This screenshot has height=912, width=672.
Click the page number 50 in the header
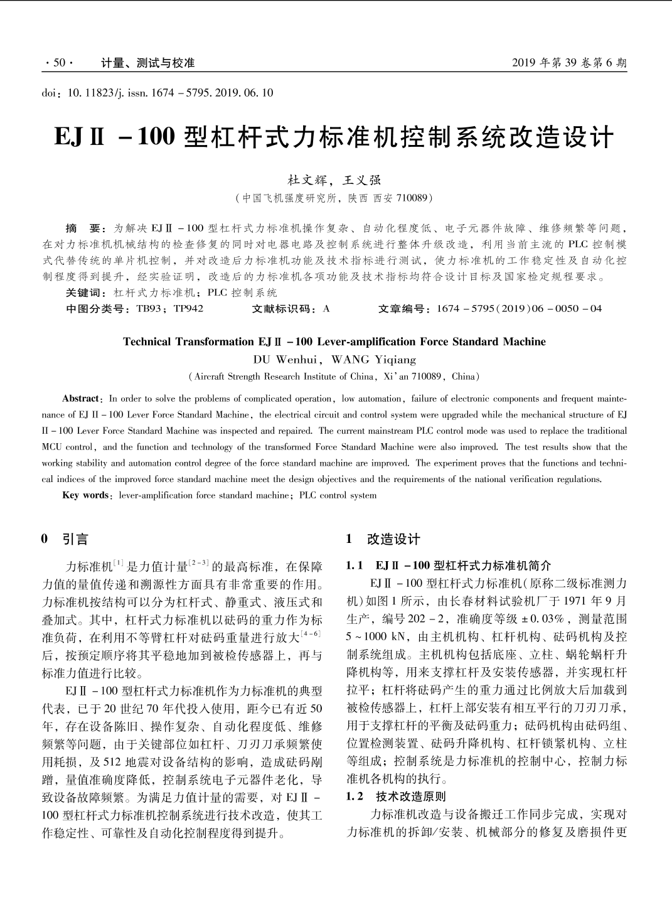60,63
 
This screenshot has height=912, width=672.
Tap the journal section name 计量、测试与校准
148,63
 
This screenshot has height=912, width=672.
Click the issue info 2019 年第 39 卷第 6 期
568,63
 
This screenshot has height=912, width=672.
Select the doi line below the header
157,93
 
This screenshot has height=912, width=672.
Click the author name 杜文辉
307,180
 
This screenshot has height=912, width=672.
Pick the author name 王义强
361,180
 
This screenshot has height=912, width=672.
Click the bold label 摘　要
82,228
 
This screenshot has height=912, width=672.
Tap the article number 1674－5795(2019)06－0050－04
519,309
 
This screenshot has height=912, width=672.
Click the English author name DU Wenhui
286,360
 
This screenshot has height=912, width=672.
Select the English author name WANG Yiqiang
373,360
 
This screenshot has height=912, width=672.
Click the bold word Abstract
81,399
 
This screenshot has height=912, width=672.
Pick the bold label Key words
85,495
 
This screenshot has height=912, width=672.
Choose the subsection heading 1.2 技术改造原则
396,797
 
